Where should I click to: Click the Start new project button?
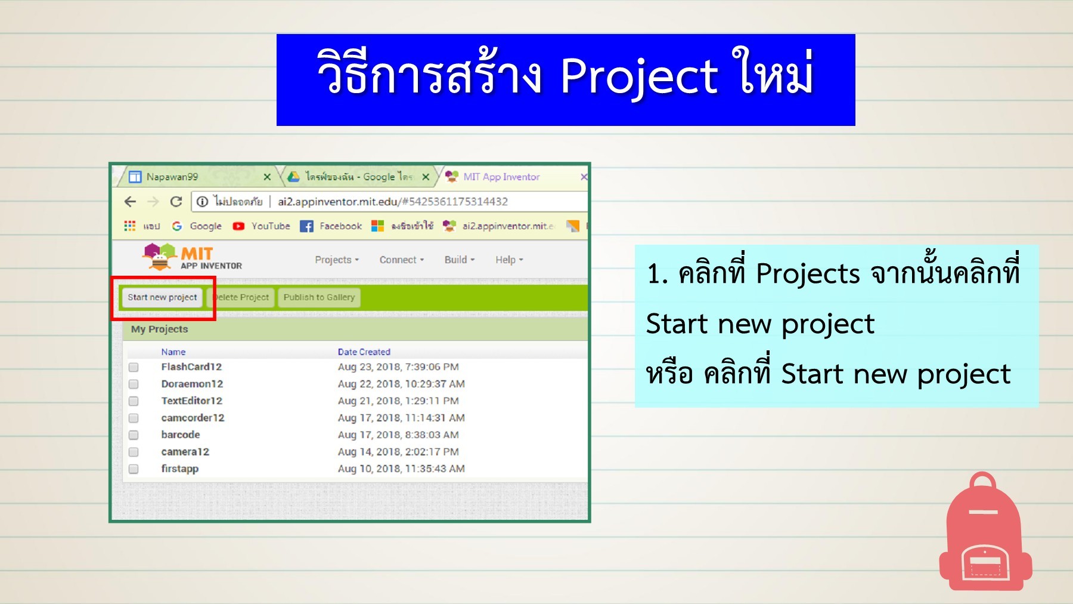pyautogui.click(x=162, y=297)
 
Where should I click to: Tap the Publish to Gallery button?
pyautogui.click(x=319, y=297)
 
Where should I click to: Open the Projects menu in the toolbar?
pyautogui.click(x=337, y=260)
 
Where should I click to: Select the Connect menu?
pyautogui.click(x=402, y=260)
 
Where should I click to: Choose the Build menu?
pyautogui.click(x=460, y=260)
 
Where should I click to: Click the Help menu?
pyautogui.click(x=509, y=260)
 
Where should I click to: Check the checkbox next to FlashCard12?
pyautogui.click(x=134, y=367)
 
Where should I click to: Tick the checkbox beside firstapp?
pyautogui.click(x=134, y=469)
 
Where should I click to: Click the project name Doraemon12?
pyautogui.click(x=192, y=384)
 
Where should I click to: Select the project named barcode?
pyautogui.click(x=180, y=434)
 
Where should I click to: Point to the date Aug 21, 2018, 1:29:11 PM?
pyautogui.click(x=398, y=401)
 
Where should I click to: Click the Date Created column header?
pyautogui.click(x=364, y=352)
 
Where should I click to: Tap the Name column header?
pyautogui.click(x=173, y=352)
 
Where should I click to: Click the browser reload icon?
pyautogui.click(x=176, y=202)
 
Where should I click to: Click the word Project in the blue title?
pyautogui.click(x=638, y=76)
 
